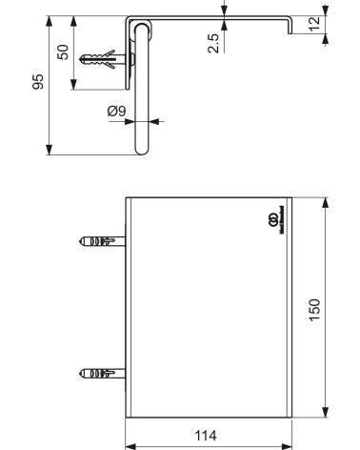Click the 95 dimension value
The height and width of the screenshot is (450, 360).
(38, 83)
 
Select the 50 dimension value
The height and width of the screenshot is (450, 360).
(64, 51)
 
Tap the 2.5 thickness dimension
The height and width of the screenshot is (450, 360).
(214, 43)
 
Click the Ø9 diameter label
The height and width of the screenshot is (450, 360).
(115, 112)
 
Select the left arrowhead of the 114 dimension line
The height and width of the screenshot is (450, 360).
(131, 443)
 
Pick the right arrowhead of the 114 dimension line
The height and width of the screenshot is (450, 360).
(288, 443)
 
